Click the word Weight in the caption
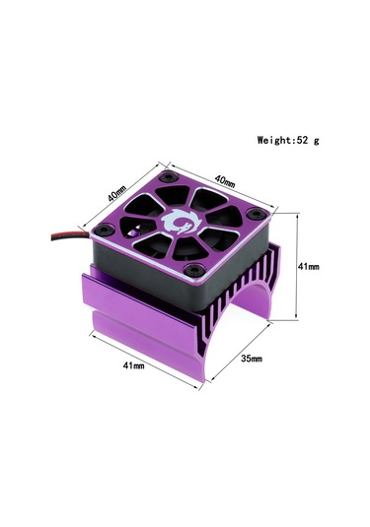(x=273, y=141)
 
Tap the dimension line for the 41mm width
(x=148, y=354)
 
